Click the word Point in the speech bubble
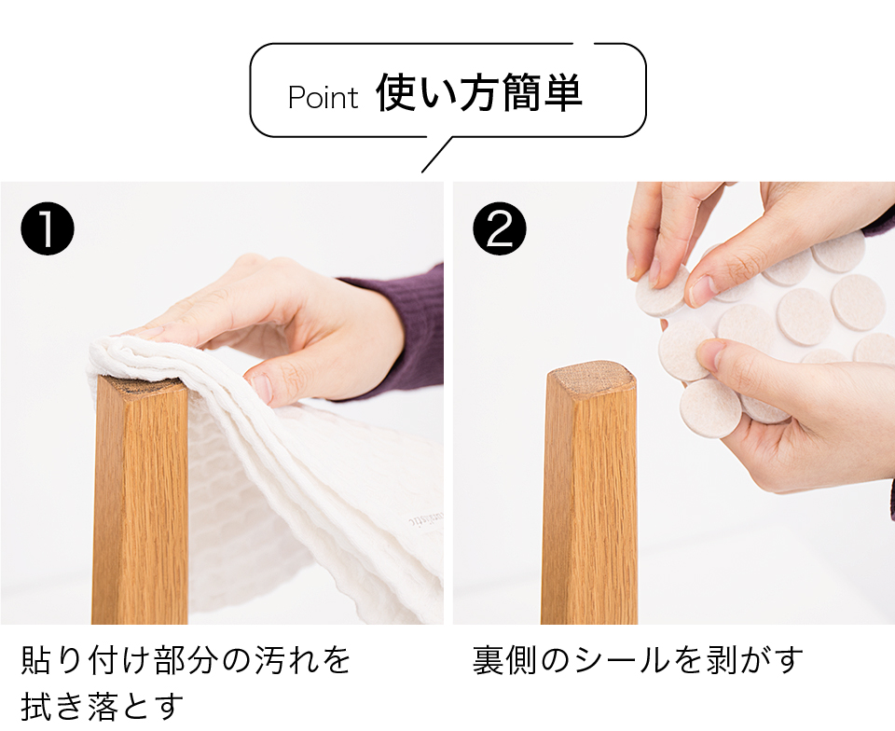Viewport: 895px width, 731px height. coord(324,97)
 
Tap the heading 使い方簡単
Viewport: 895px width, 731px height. coord(479,92)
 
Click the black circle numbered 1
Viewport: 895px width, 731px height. coord(48,228)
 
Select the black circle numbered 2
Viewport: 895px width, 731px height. coord(500,228)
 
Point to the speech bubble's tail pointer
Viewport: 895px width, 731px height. coord(436,154)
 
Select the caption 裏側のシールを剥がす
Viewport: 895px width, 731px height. coord(638,659)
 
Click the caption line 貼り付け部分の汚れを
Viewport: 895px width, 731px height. coord(186,659)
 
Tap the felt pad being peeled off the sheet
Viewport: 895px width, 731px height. coord(663,291)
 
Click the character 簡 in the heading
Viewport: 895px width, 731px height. coord(520,92)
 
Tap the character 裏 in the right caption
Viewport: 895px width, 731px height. coord(488,659)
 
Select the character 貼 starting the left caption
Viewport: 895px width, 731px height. coord(36,659)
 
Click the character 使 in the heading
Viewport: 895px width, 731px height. coord(396,92)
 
